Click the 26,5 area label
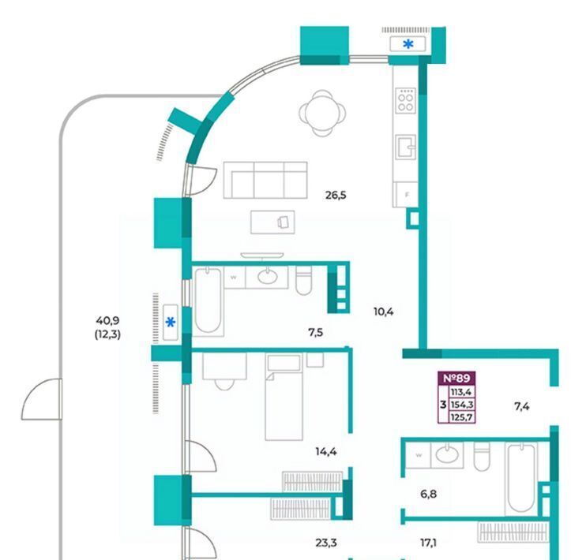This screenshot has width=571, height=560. pyautogui.click(x=336, y=196)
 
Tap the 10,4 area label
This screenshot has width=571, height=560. pyautogui.click(x=383, y=312)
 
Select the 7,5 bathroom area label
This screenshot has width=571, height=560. pyautogui.click(x=315, y=332)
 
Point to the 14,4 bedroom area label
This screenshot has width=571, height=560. pyautogui.click(x=326, y=452)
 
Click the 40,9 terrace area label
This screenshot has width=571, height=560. pyautogui.click(x=107, y=321)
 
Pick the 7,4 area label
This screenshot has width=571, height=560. pyautogui.click(x=521, y=406)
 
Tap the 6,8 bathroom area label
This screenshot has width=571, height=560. pyautogui.click(x=428, y=495)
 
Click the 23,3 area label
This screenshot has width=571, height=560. pyautogui.click(x=326, y=543)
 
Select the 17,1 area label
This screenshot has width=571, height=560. pyautogui.click(x=428, y=543)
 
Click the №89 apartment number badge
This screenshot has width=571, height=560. pyautogui.click(x=456, y=378)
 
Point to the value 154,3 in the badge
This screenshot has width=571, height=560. pyautogui.click(x=461, y=405)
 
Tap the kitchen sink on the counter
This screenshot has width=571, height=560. pyautogui.click(x=406, y=147)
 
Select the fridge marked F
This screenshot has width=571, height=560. pyautogui.click(x=407, y=195)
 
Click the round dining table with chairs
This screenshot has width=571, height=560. pyautogui.click(x=322, y=114)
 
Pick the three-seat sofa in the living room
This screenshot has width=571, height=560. pyautogui.click(x=265, y=180)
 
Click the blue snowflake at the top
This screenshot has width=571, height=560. pyautogui.click(x=408, y=44)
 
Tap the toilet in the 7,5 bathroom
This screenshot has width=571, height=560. pyautogui.click(x=303, y=280)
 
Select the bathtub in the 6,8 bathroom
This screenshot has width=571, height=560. pyautogui.click(x=521, y=479)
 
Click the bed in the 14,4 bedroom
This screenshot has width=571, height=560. pyautogui.click(x=284, y=397)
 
